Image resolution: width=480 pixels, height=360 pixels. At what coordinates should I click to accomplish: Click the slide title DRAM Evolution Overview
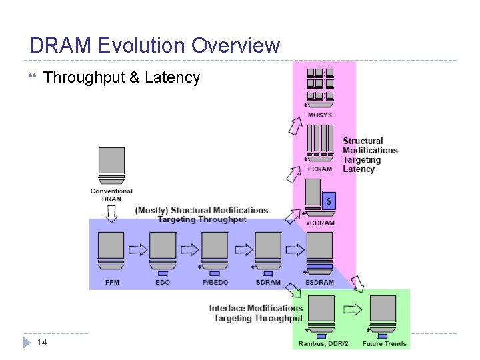[x=155, y=45]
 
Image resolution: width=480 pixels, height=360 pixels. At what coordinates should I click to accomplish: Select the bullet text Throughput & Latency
[x=121, y=78]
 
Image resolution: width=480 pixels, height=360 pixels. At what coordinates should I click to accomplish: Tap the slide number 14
[x=41, y=342]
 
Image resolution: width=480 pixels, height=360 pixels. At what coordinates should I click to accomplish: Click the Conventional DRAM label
[x=111, y=195]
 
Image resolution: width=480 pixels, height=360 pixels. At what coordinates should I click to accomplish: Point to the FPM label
[x=112, y=282]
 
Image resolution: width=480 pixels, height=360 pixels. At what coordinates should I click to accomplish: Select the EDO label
[x=163, y=282]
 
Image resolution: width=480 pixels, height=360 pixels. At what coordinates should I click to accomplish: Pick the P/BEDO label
[x=215, y=282]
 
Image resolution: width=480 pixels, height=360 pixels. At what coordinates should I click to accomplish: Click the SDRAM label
[x=268, y=282]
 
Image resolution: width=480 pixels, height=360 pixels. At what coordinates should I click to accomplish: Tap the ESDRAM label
[x=320, y=282]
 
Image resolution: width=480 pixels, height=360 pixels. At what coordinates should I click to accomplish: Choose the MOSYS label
[x=319, y=115]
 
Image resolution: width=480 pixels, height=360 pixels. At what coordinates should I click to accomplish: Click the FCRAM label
[x=320, y=169]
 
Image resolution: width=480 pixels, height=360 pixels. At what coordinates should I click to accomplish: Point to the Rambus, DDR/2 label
[x=322, y=344]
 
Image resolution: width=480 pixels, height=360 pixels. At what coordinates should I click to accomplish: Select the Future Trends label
[x=384, y=344]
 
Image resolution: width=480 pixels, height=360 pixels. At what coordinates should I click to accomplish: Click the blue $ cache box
[x=328, y=201]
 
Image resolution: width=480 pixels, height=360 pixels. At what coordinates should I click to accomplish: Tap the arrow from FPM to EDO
[x=137, y=249]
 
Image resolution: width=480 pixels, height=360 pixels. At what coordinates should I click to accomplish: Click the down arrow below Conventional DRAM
[x=111, y=213]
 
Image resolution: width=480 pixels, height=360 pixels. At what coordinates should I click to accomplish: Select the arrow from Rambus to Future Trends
[x=351, y=310]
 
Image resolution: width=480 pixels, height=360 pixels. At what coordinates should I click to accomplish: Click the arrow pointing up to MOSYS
[x=295, y=125]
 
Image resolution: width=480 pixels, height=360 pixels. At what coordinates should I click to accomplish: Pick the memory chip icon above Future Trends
[x=383, y=313]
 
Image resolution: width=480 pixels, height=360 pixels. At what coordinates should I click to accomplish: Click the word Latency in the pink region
[x=359, y=169]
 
